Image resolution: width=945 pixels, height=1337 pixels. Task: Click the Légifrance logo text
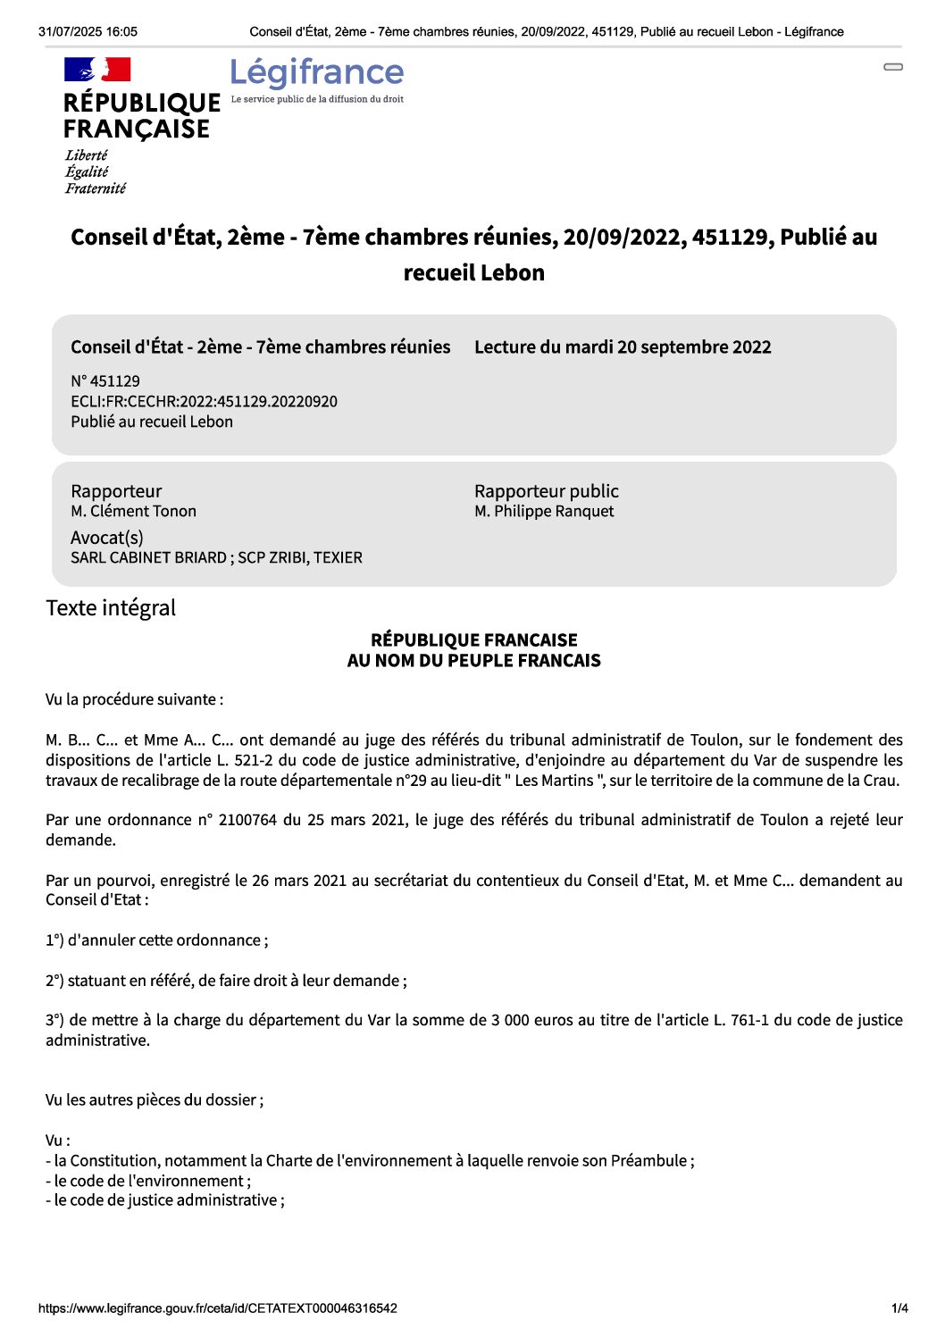pyautogui.click(x=317, y=72)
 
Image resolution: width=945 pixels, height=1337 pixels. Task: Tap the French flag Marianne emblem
pyautogui.click(x=97, y=70)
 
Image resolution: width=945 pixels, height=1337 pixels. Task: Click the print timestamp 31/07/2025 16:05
pyautogui.click(x=88, y=31)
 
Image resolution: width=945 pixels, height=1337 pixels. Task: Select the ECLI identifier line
pyautogui.click(x=204, y=401)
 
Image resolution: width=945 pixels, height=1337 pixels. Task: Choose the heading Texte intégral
pyautogui.click(x=111, y=608)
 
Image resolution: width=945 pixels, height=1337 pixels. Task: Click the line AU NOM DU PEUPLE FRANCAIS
pyautogui.click(x=473, y=661)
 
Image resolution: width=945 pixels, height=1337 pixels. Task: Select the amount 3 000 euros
pyautogui.click(x=533, y=1020)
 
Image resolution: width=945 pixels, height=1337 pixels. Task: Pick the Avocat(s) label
pyautogui.click(x=107, y=538)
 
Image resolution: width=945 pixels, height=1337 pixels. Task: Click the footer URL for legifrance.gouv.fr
pyautogui.click(x=217, y=1308)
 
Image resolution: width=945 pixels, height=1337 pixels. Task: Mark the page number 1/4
pyautogui.click(x=899, y=1308)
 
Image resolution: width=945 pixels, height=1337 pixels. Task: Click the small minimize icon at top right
pyautogui.click(x=893, y=67)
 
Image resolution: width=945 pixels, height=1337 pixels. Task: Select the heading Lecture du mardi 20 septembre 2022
pyautogui.click(x=623, y=347)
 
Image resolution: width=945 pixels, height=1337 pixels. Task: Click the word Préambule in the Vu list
pyautogui.click(x=648, y=1160)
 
